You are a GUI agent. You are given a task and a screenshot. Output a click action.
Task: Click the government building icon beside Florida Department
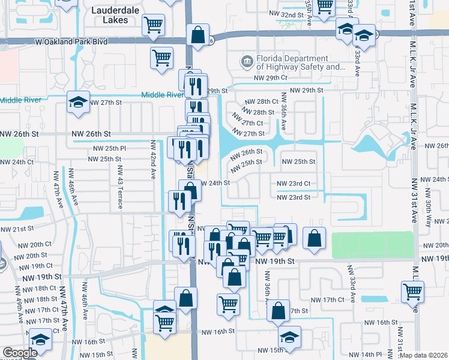pyautogui.click(x=246, y=62)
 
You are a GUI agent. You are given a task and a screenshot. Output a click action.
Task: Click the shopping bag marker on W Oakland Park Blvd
pyautogui.click(x=197, y=35)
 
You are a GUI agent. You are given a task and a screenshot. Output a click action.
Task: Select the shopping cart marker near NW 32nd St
pyautogui.click(x=324, y=6)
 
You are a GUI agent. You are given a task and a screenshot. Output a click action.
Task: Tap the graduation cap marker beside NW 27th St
pyautogui.click(x=78, y=102)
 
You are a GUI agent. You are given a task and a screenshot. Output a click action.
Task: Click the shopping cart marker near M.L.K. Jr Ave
pyautogui.click(x=412, y=292)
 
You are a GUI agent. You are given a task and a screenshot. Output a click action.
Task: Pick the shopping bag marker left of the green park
pyautogui.click(x=314, y=238)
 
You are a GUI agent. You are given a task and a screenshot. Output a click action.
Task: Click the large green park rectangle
pyautogui.click(x=372, y=245)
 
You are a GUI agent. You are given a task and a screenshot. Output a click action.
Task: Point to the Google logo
pyautogui.click(x=20, y=353)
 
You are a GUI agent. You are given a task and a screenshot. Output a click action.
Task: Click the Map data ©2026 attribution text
pyautogui.click(x=424, y=355)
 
